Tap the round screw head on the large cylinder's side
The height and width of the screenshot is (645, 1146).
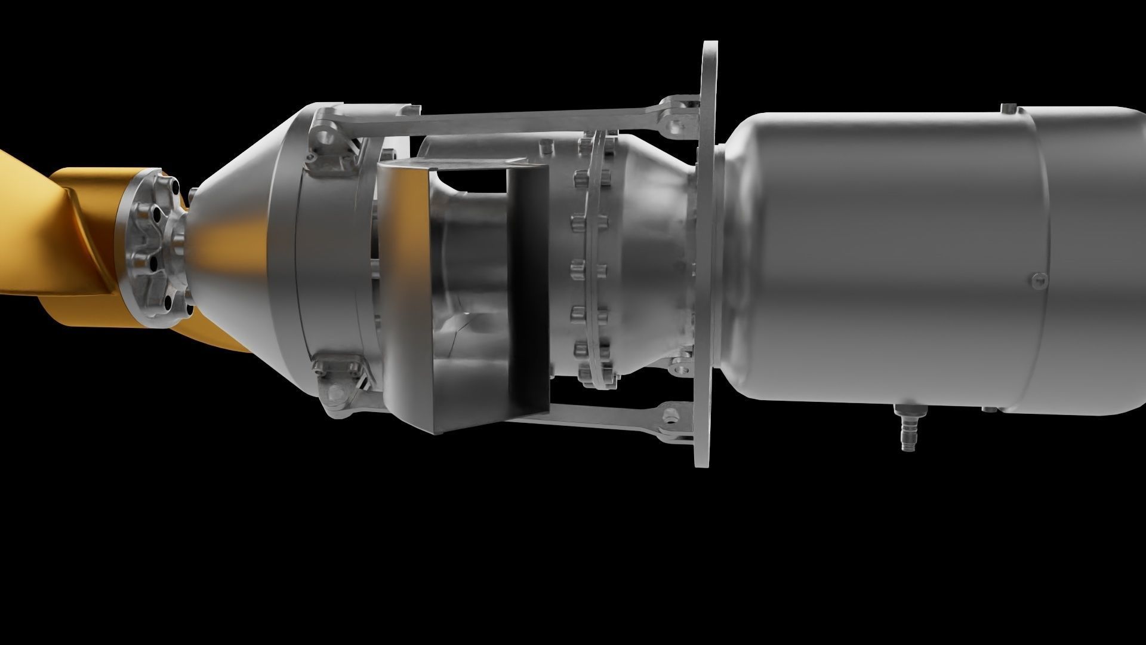coord(1039,279)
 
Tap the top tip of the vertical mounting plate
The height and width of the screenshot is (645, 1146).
coord(710,48)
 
